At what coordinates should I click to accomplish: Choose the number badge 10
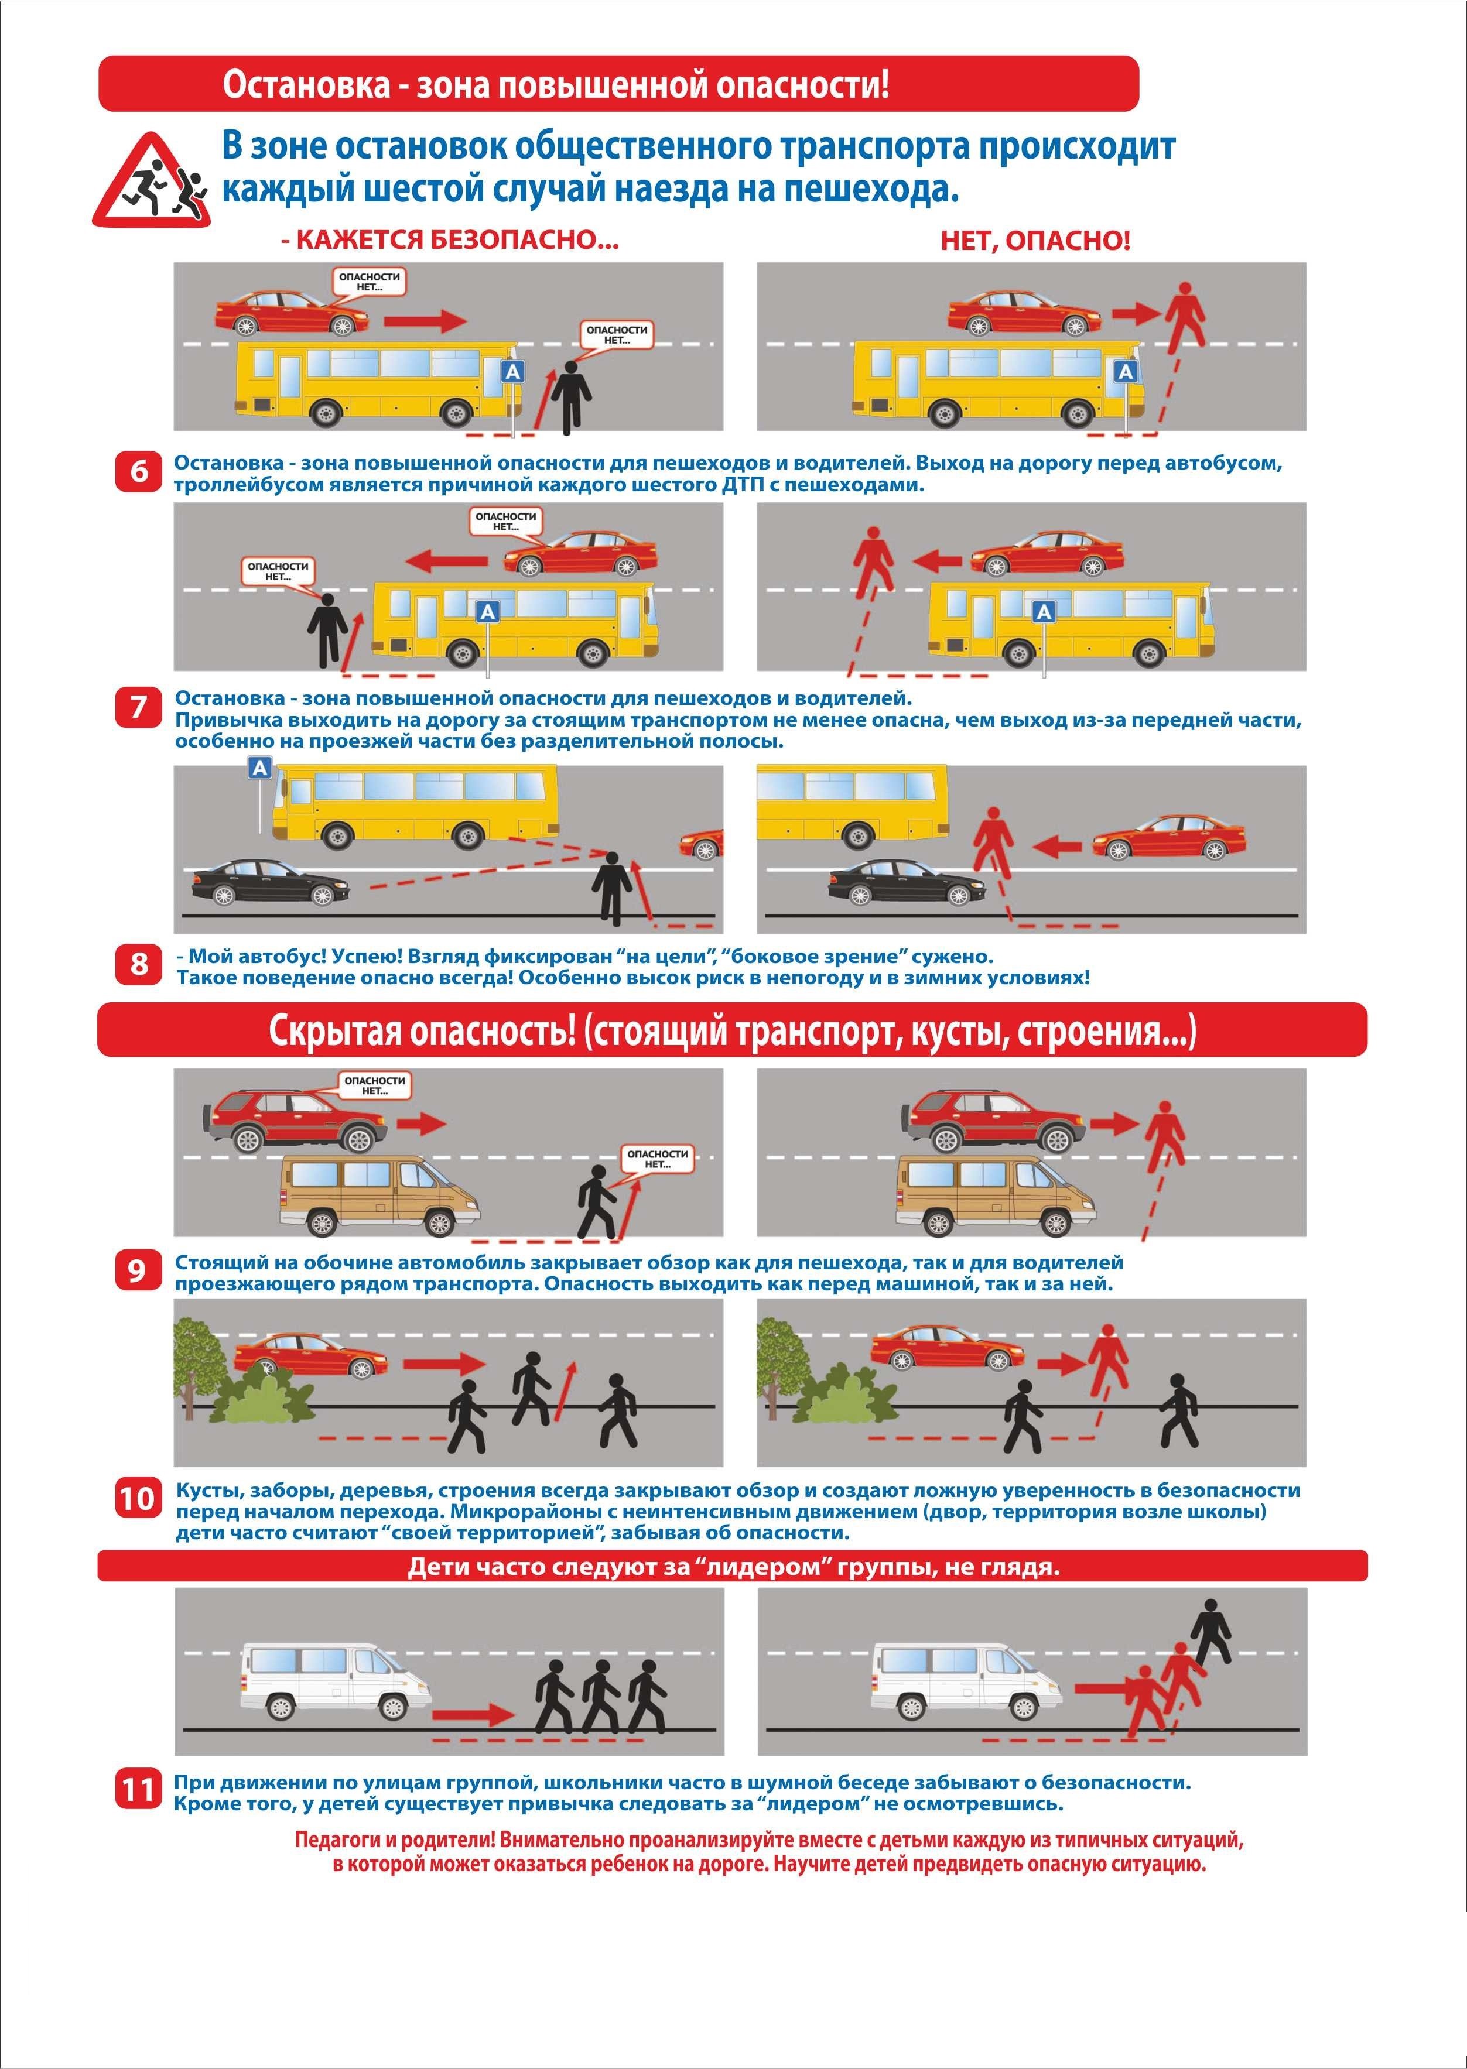click(138, 1500)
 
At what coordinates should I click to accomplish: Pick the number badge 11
click(138, 1789)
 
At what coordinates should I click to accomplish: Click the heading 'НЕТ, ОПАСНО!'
click(1035, 241)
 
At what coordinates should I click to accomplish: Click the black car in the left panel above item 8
click(270, 882)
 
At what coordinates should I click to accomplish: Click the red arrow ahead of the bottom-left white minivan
click(473, 1713)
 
